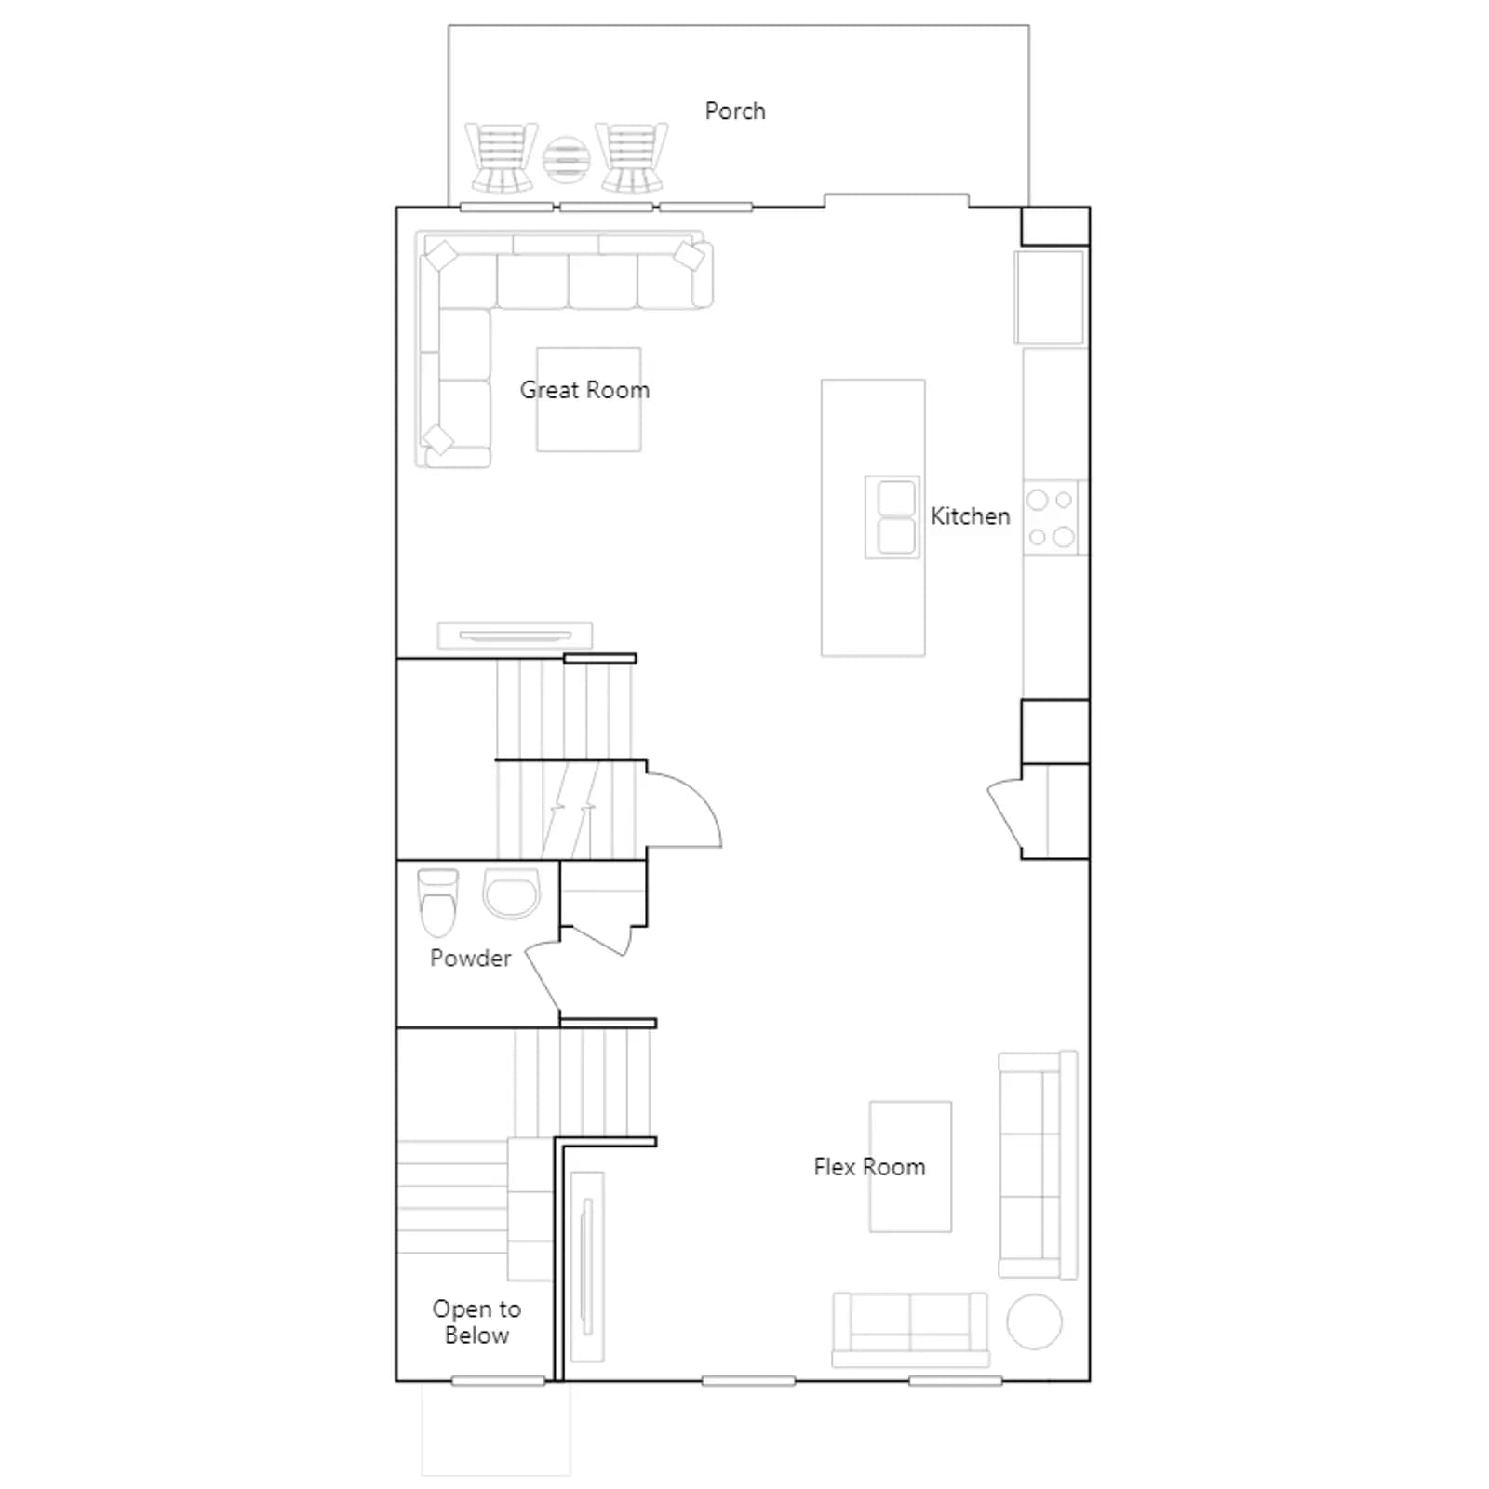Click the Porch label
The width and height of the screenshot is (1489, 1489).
coord(735,112)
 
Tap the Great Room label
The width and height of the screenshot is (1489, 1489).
coord(584,390)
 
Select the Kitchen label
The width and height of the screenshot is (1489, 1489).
coord(971,516)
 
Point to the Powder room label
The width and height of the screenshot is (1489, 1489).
coord(470,958)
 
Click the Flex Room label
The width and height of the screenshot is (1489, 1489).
coord(869,1167)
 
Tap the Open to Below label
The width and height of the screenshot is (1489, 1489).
coord(476,1321)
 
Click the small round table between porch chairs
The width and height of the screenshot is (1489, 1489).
coord(567,160)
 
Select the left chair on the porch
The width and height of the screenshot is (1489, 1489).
coord(502,157)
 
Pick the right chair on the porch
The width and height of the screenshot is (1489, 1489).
coord(632,157)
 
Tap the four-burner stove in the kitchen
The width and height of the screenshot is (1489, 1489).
coord(1052,517)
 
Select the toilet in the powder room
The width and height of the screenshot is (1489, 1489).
coord(437,902)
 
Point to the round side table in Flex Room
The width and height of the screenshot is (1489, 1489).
coord(1034,1321)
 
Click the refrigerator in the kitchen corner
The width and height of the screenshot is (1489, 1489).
coord(1051,297)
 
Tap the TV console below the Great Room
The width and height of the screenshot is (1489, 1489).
coord(515,636)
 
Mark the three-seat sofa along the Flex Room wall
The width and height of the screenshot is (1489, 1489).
coord(1038,1165)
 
